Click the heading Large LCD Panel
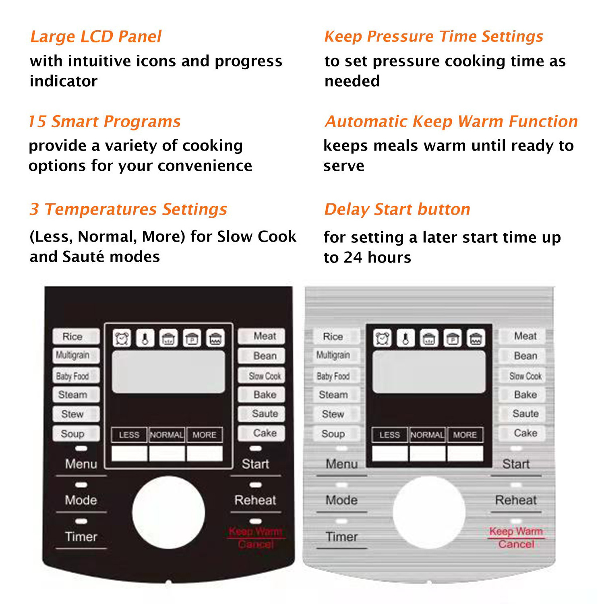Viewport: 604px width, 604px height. tap(96, 37)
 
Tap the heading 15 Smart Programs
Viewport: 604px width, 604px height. tap(105, 122)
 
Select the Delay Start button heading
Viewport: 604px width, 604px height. tap(397, 209)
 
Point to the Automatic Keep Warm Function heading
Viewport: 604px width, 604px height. tap(451, 122)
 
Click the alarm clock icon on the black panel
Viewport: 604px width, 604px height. tap(122, 338)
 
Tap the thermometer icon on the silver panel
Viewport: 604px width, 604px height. tap(405, 338)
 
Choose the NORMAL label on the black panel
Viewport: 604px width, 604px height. tap(167, 435)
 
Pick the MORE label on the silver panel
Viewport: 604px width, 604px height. tap(465, 435)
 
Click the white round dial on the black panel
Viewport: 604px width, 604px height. tap(168, 512)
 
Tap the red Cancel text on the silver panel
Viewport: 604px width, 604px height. tap(516, 544)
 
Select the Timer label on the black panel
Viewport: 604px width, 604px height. tap(81, 537)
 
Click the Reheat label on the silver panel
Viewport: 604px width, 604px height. tap(516, 500)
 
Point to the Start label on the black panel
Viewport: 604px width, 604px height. tap(255, 464)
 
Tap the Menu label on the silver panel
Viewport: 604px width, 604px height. tap(341, 464)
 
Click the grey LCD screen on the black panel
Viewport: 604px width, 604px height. tap(168, 372)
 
